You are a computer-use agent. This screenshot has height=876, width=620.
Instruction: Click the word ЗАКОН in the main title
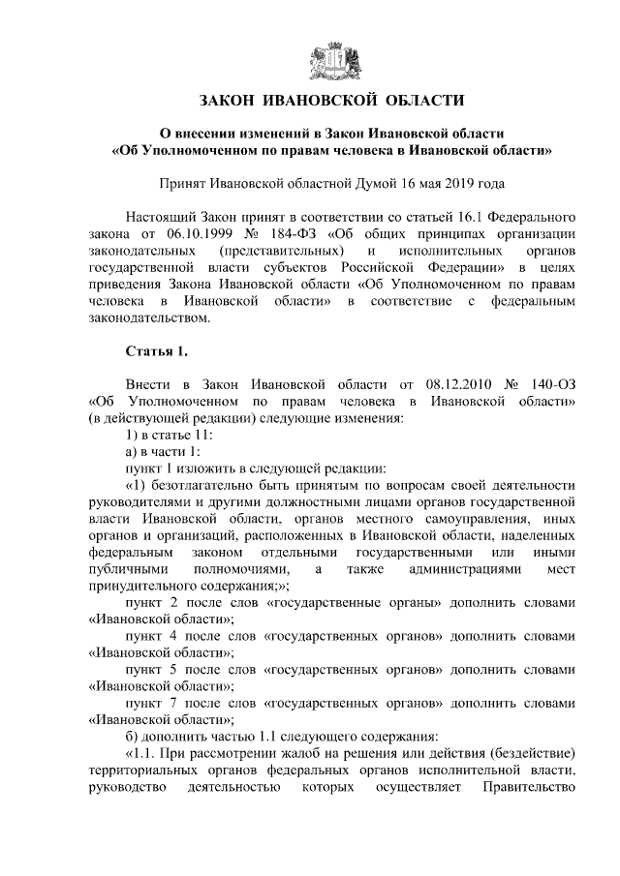click(233, 101)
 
